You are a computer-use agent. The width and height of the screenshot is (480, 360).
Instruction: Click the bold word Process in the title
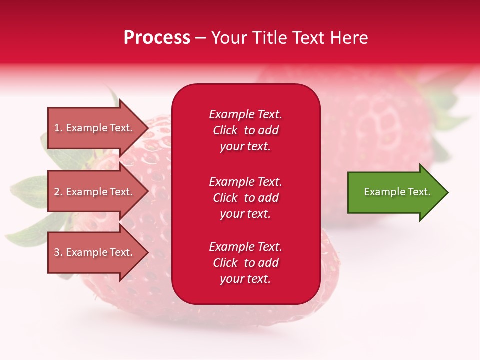(x=157, y=38)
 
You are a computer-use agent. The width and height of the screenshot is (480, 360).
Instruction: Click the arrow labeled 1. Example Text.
(x=95, y=128)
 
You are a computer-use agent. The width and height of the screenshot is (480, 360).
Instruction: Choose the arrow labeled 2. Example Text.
(x=95, y=192)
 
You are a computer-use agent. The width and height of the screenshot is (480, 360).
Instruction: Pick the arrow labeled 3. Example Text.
(x=95, y=252)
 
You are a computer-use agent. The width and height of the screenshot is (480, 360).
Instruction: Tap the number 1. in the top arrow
(x=58, y=128)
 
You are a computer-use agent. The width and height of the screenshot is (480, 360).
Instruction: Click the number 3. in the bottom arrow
(x=58, y=252)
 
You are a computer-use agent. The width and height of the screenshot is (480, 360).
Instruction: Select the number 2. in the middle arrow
(x=58, y=192)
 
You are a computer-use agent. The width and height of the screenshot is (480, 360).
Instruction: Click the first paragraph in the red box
(x=245, y=130)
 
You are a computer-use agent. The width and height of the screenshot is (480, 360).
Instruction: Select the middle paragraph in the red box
(x=245, y=198)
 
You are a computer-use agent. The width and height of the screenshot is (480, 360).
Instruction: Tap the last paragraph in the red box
(x=245, y=263)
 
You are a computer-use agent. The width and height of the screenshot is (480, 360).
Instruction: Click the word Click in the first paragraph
(x=225, y=130)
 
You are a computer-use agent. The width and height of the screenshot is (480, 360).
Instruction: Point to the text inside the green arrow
(x=397, y=192)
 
